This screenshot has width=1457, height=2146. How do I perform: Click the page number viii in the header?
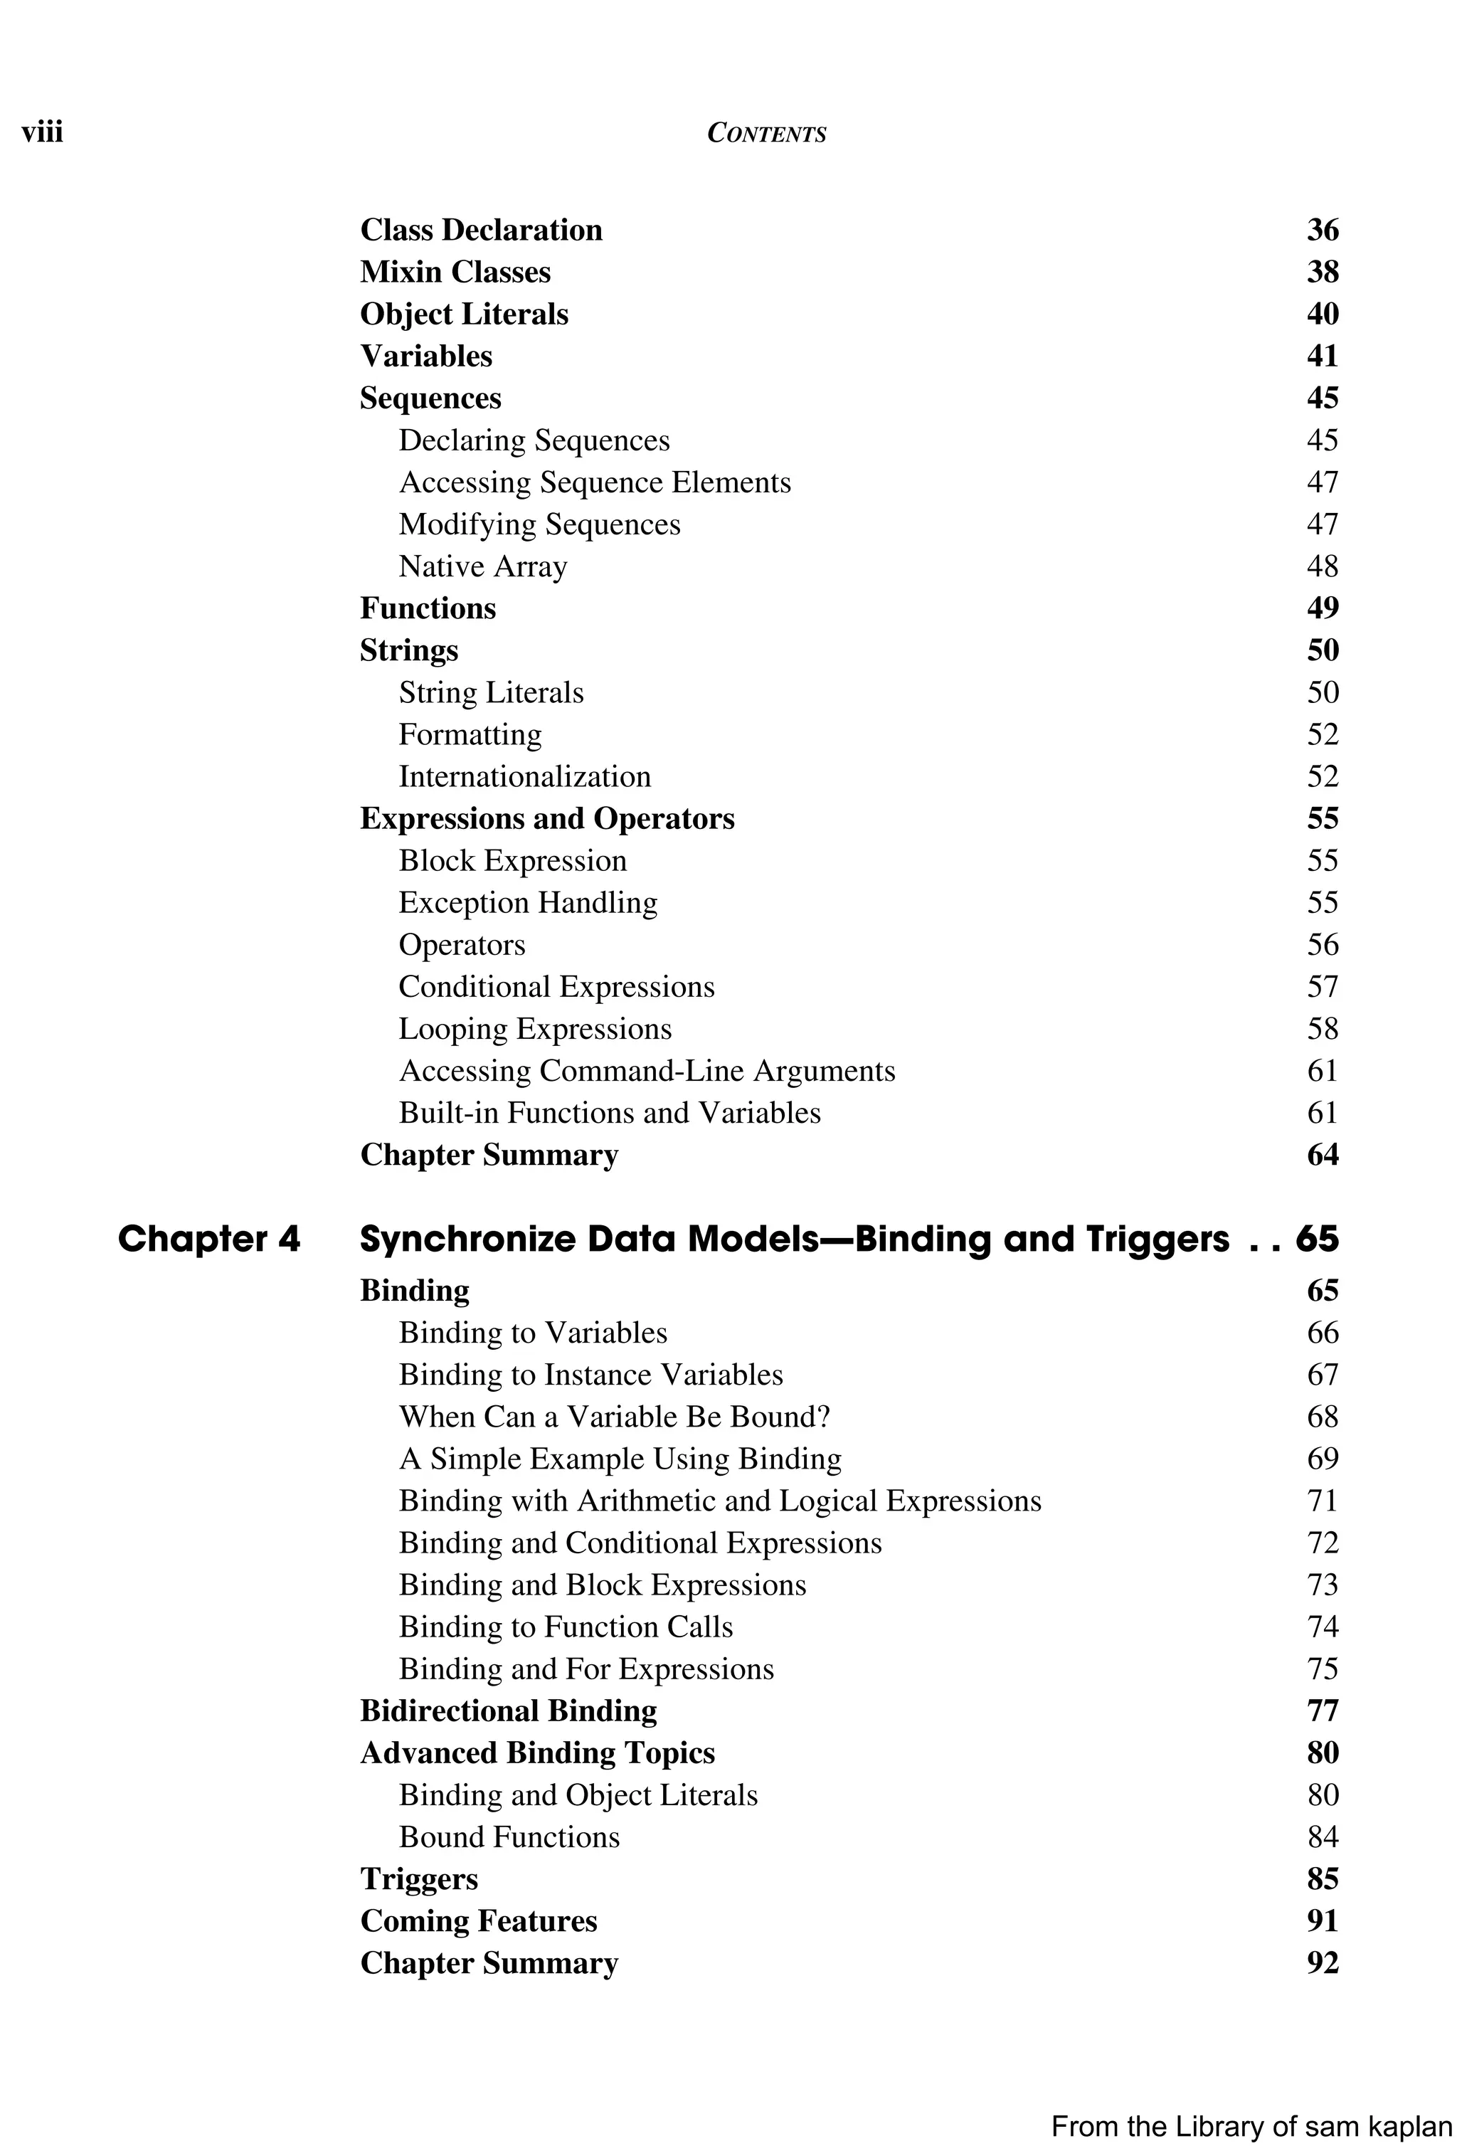pos(43,133)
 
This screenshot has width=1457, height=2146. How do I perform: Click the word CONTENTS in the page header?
pos(765,134)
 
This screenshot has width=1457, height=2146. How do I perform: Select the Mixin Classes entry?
pos(455,272)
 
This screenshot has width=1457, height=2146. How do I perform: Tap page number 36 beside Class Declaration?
pos(1323,230)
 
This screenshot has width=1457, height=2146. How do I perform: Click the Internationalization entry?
pos(524,776)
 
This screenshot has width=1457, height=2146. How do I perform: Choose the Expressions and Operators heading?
pos(546,818)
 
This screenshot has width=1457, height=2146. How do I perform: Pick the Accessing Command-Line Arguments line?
pos(646,1071)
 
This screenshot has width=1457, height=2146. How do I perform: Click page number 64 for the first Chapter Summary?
pos(1323,1156)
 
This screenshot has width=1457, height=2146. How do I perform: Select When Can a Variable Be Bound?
pos(614,1417)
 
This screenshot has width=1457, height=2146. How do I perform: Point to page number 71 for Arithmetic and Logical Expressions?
pos(1323,1501)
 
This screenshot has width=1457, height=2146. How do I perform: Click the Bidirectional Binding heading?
pos(508,1711)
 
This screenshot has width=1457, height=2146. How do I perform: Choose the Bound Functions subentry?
pos(509,1836)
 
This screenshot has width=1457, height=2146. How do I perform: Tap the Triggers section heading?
pos(418,1879)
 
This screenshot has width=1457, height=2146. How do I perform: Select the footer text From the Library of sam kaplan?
pos(1251,2127)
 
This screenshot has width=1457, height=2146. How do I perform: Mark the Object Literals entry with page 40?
pos(464,314)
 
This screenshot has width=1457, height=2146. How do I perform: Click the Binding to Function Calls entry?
pos(565,1627)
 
